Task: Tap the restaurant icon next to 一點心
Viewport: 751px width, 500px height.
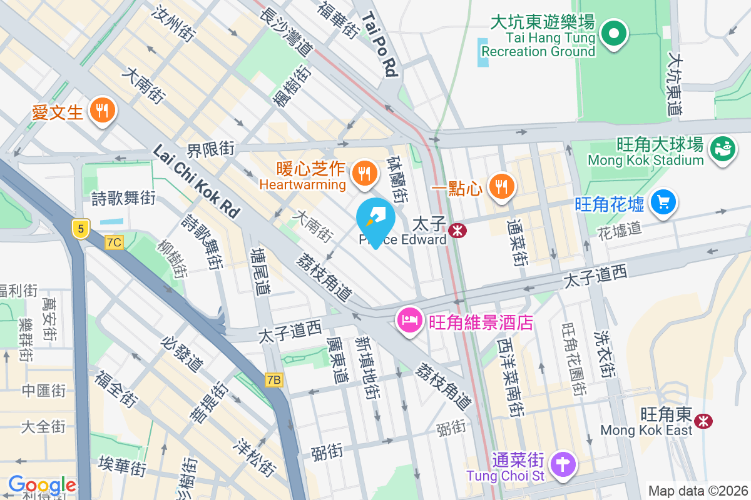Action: click(501, 186)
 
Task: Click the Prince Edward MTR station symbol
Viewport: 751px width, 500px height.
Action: click(457, 231)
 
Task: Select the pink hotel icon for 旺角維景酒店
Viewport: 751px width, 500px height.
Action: click(409, 321)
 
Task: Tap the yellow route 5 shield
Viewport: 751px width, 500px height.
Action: click(79, 228)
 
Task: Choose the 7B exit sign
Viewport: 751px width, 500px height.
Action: click(274, 379)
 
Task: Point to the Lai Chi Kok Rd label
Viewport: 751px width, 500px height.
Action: click(197, 181)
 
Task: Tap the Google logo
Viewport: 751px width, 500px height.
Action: click(42, 485)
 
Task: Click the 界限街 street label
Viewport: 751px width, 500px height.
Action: click(210, 150)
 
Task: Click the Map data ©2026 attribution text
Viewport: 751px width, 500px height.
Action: click(697, 491)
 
